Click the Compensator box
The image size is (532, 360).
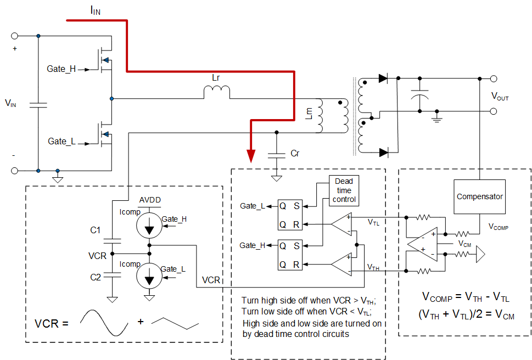479,196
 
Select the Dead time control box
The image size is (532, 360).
344,190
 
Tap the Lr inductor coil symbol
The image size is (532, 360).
217,93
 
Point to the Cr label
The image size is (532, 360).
295,154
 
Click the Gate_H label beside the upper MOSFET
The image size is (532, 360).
60,69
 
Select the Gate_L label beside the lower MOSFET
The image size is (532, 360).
61,141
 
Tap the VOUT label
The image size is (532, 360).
500,97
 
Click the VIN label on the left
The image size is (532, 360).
10,103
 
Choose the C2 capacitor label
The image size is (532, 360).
96,277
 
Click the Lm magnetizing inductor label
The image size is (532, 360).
309,113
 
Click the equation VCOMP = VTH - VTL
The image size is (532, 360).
466,297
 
